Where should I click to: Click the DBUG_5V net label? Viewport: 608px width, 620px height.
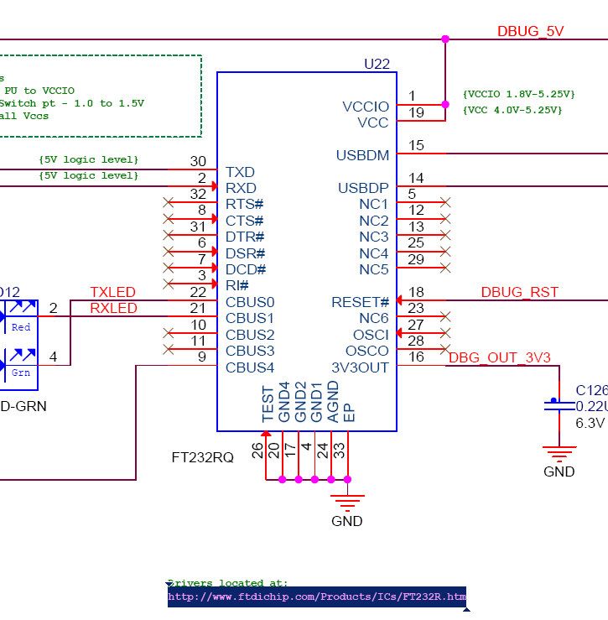[530, 31]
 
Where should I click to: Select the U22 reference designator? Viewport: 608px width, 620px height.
[377, 64]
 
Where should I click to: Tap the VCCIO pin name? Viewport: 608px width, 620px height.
[366, 107]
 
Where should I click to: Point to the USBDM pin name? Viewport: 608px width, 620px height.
[362, 155]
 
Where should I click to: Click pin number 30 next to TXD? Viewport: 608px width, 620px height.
[198, 161]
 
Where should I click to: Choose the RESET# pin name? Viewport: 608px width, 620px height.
[361, 302]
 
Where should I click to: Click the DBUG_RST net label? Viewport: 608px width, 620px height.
[519, 293]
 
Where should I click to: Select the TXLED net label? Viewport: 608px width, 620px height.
[112, 292]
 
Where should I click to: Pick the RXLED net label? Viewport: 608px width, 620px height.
[112, 308]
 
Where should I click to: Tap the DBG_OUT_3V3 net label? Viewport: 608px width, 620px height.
[499, 357]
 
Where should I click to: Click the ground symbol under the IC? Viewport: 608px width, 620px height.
[347, 501]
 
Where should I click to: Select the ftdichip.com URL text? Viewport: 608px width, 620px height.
[316, 597]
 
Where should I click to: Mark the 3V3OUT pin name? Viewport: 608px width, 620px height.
[361, 367]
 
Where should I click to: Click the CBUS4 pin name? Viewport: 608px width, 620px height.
[250, 367]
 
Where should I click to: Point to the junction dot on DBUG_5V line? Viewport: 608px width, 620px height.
[445, 39]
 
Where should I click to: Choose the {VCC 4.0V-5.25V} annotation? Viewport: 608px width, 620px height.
[512, 110]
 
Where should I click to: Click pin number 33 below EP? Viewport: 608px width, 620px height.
[340, 450]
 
